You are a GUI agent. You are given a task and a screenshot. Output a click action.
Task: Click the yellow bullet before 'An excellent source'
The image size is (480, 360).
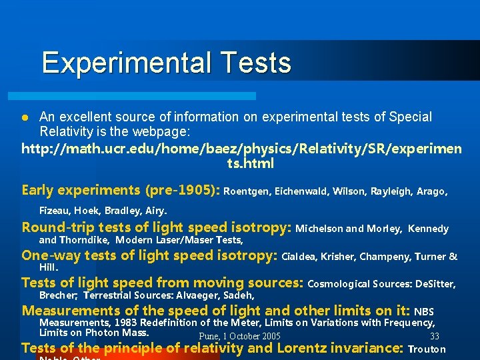click(x=25, y=118)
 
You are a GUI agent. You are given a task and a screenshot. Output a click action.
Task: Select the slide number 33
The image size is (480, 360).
click(x=435, y=337)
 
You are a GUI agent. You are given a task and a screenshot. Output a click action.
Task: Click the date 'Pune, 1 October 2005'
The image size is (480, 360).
click(x=239, y=337)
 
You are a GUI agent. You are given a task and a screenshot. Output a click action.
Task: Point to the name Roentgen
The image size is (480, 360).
click(x=247, y=191)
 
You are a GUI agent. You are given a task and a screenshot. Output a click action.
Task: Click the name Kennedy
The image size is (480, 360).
click(x=428, y=229)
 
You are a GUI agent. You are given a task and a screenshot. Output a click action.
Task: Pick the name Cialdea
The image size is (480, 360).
click(x=300, y=256)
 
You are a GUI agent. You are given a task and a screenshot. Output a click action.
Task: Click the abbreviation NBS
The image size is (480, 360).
click(x=424, y=311)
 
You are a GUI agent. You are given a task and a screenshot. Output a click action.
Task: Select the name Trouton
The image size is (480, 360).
click(x=427, y=349)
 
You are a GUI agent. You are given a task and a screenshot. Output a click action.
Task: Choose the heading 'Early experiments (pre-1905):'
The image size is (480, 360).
click(x=121, y=190)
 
